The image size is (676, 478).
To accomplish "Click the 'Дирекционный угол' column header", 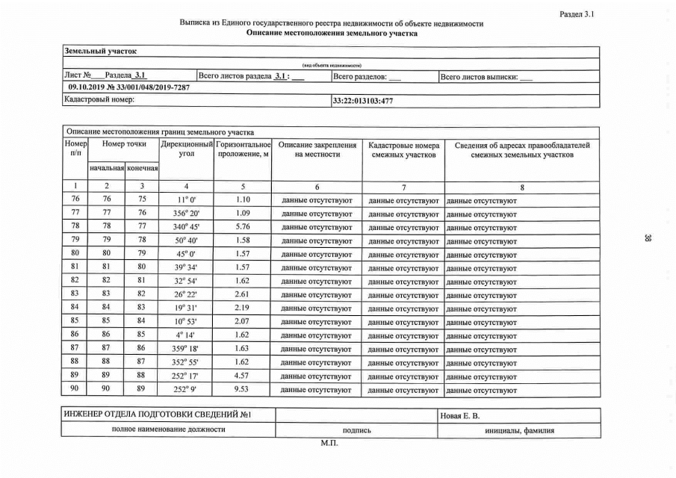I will (x=187, y=149).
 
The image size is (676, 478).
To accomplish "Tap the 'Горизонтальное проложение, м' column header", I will (x=242, y=149).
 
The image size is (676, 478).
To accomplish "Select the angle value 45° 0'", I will (x=187, y=255).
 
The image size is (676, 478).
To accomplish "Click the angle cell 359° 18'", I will (x=187, y=349).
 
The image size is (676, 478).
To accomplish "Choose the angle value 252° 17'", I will (x=187, y=376).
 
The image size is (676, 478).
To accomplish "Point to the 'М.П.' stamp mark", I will (x=329, y=444).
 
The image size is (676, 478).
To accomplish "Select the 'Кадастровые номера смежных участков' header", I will (x=403, y=149).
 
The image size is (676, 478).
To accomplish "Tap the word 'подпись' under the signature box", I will (x=356, y=430).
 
